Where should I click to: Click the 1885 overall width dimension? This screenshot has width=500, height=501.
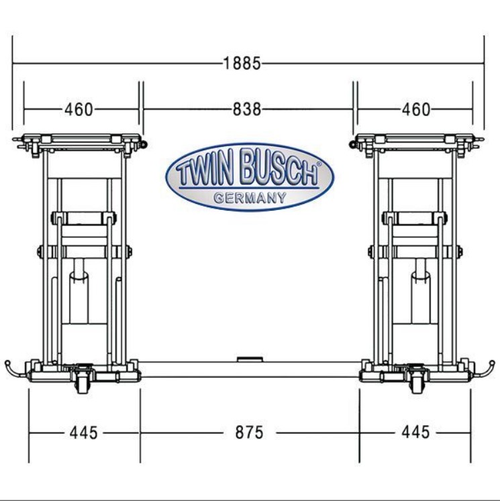click(x=242, y=63)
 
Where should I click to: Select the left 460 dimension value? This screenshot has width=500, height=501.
click(x=79, y=109)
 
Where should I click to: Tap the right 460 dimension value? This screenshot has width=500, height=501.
click(x=416, y=109)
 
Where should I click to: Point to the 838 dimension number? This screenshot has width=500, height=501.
click(x=247, y=109)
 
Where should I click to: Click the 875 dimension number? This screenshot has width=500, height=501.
click(x=250, y=433)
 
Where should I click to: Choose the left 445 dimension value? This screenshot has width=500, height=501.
click(x=84, y=433)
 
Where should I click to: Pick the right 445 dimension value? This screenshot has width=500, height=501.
click(x=415, y=432)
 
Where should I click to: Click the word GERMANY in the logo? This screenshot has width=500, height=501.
click(x=250, y=198)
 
